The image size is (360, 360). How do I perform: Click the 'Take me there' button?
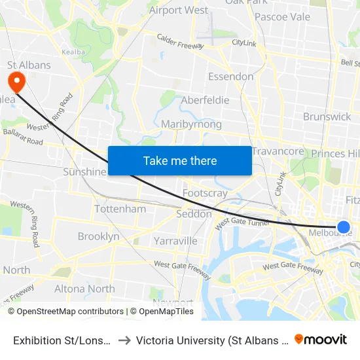click(180, 160)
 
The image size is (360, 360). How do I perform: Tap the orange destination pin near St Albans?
click(14, 82)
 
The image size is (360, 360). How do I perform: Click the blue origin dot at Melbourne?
click(343, 227)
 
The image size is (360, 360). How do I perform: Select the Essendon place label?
click(230, 77)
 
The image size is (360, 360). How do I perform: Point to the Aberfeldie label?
click(205, 100)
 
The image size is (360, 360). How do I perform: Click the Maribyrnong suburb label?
click(191, 124)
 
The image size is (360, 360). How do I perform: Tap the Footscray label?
click(205, 193)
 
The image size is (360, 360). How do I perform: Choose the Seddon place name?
click(194, 214)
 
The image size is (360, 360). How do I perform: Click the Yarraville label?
click(175, 241)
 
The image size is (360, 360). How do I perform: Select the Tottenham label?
click(120, 209)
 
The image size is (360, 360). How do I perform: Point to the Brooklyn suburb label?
click(98, 236)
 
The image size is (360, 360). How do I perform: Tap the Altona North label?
click(84, 289)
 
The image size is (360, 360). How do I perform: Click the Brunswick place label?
click(327, 117)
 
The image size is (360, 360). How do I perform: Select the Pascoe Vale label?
click(282, 16)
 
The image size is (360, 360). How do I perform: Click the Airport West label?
click(179, 10)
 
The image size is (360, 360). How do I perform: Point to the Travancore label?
click(278, 151)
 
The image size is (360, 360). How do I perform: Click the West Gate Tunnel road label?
click(242, 223)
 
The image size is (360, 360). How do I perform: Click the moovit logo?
click(321, 339)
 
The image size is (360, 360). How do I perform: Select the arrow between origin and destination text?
click(125, 340)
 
